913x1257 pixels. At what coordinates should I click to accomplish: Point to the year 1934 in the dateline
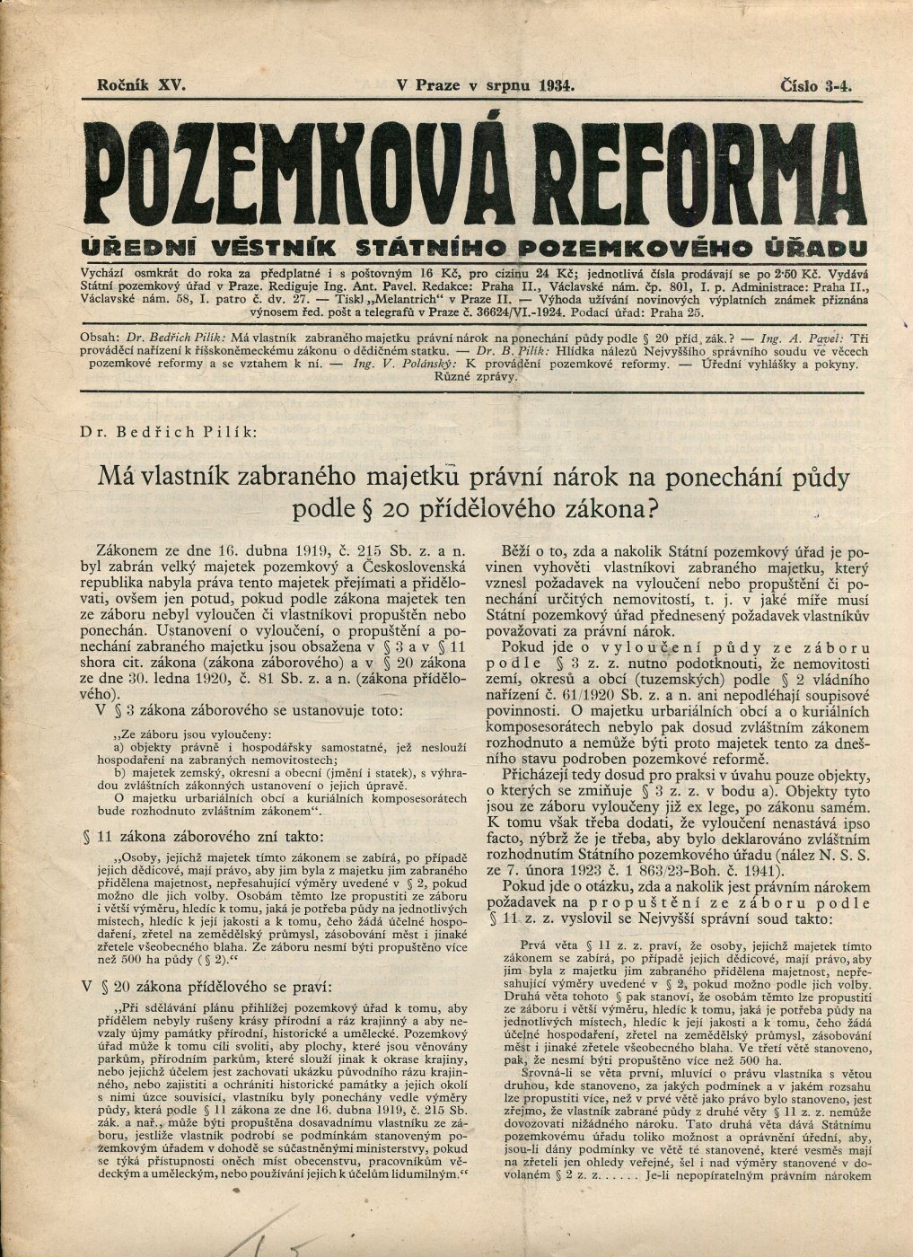point(557,86)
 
